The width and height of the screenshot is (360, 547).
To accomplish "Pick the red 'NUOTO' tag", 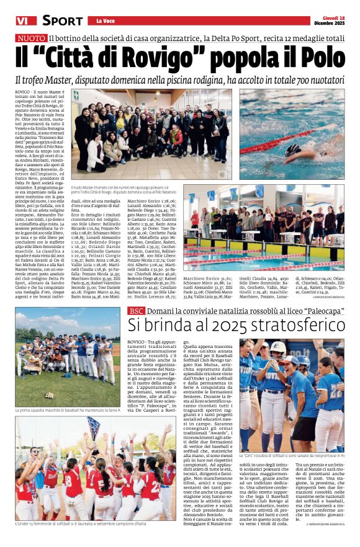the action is (30, 38).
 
